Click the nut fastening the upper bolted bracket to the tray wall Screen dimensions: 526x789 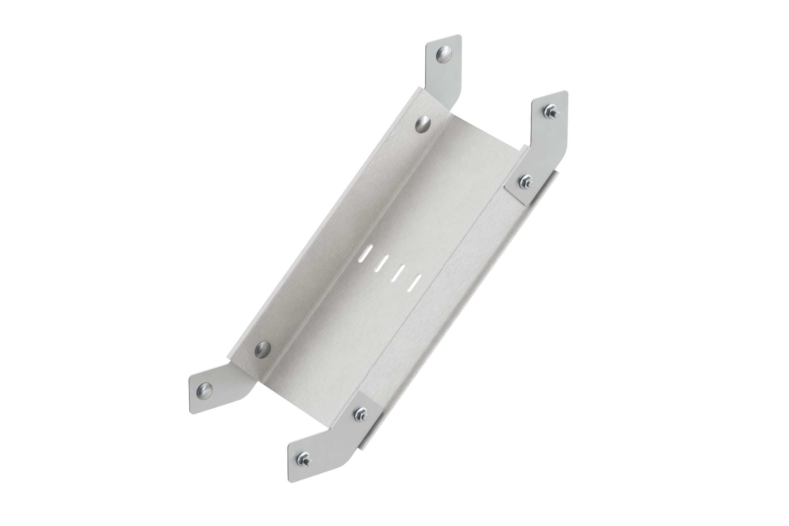pyautogui.click(x=525, y=182)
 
